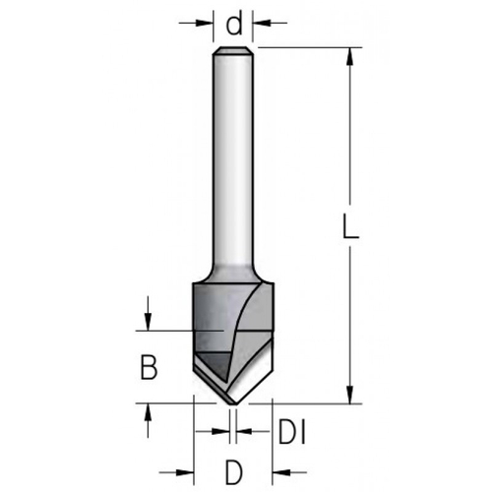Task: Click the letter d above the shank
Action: click(x=234, y=19)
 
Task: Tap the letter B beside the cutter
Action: click(x=148, y=368)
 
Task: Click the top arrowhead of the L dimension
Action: click(x=350, y=54)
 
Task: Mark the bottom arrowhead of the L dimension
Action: click(x=350, y=396)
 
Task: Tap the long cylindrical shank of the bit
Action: click(x=234, y=157)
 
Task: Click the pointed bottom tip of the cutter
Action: click(x=233, y=401)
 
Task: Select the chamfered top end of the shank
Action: click(x=234, y=50)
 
